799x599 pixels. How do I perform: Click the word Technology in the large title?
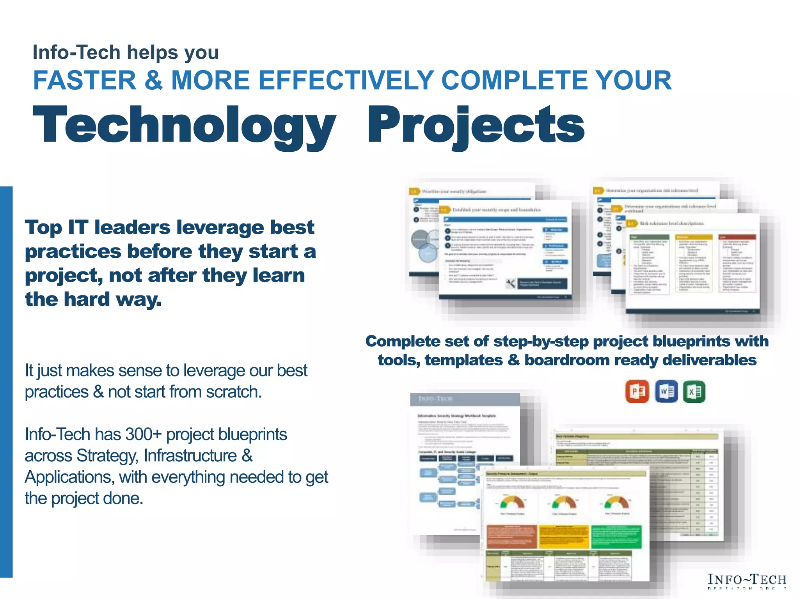click(184, 126)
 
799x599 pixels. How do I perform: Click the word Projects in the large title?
click(476, 126)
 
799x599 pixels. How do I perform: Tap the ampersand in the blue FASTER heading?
click(153, 80)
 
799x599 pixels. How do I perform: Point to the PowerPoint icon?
click(637, 391)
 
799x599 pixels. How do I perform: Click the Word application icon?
click(666, 391)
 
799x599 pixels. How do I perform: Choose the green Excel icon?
click(694, 391)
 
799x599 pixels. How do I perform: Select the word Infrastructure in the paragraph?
click(190, 456)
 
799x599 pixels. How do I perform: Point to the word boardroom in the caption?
click(566, 360)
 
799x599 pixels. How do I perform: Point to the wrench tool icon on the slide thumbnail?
click(510, 284)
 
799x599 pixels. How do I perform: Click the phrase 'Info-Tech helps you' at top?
click(126, 52)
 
